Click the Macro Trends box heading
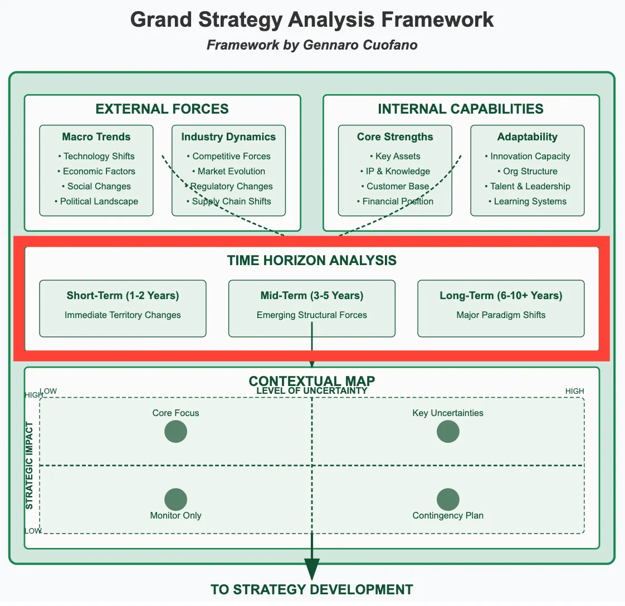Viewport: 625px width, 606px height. click(96, 137)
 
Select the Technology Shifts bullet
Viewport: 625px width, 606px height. click(96, 157)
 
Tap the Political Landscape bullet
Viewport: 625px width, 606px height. click(96, 202)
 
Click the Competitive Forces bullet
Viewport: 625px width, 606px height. click(229, 157)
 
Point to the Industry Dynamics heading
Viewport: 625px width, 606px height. click(228, 137)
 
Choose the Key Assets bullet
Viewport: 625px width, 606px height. click(395, 157)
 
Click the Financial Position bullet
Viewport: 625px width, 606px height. click(395, 202)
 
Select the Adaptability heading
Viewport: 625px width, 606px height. click(527, 137)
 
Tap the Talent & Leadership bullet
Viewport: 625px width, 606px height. click(527, 187)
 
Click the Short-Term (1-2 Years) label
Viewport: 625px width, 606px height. click(123, 296)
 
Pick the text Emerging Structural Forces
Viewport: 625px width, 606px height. click(312, 315)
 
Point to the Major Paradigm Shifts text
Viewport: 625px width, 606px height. click(501, 315)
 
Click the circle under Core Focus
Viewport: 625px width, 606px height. click(175, 432)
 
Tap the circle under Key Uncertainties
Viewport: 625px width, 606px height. click(448, 432)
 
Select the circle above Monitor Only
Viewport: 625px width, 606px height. click(175, 500)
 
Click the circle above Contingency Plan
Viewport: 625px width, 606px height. click(448, 500)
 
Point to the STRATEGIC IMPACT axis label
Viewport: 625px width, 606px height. click(30, 465)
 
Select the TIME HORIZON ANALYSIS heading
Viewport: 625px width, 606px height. click(312, 261)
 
